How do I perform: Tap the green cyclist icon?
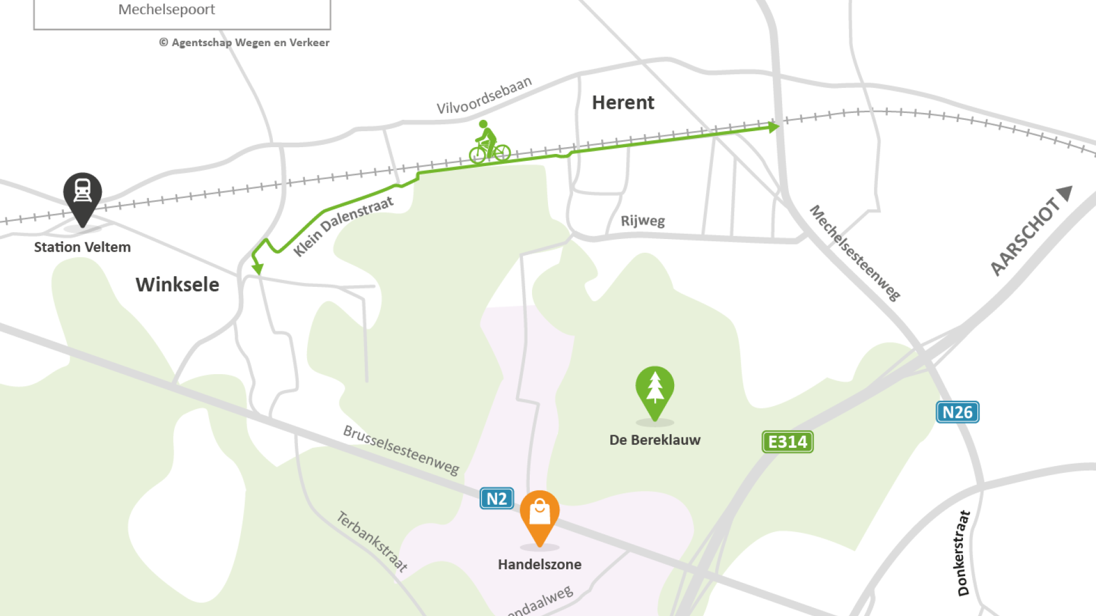pyautogui.click(x=489, y=143)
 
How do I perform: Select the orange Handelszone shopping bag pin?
pyautogui.click(x=539, y=513)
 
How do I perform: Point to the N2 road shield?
pyautogui.click(x=497, y=499)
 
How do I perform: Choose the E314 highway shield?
pyautogui.click(x=788, y=442)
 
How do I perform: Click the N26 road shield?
pyautogui.click(x=957, y=412)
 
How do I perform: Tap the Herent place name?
pyautogui.click(x=623, y=103)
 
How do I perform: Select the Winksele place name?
pyautogui.click(x=177, y=285)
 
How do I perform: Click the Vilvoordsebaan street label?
pyautogui.click(x=484, y=96)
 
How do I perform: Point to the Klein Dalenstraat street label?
pyautogui.click(x=343, y=226)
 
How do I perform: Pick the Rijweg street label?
pyautogui.click(x=643, y=221)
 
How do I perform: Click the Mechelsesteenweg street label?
pyautogui.click(x=855, y=253)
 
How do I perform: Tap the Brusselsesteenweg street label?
pyautogui.click(x=401, y=450)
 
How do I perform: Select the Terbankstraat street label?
pyautogui.click(x=372, y=541)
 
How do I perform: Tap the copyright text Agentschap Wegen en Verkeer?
pyautogui.click(x=244, y=43)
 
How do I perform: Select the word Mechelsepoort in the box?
pyautogui.click(x=167, y=10)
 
